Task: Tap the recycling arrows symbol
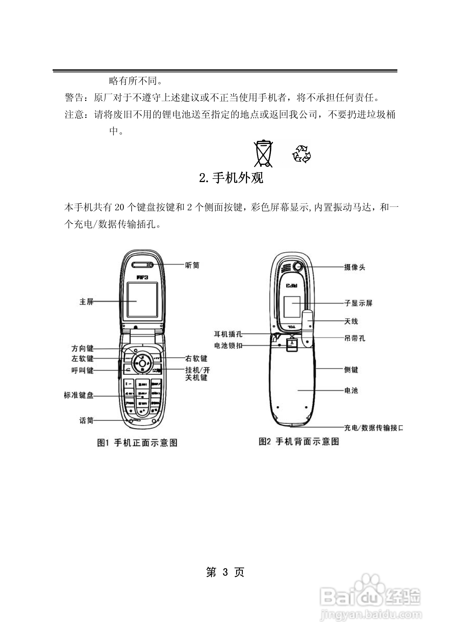(302, 154)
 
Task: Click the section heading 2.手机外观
(231, 178)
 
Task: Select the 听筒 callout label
(192, 265)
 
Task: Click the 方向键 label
(83, 349)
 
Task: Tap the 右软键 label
(196, 358)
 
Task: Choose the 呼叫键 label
(83, 371)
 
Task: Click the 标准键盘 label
(79, 395)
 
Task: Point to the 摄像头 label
(354, 267)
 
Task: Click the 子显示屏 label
(358, 303)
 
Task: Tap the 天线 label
(351, 321)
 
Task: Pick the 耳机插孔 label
(228, 334)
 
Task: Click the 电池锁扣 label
(228, 346)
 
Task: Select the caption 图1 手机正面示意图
(137, 443)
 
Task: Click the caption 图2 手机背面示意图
(299, 442)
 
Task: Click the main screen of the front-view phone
(143, 300)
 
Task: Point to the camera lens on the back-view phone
(298, 266)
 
